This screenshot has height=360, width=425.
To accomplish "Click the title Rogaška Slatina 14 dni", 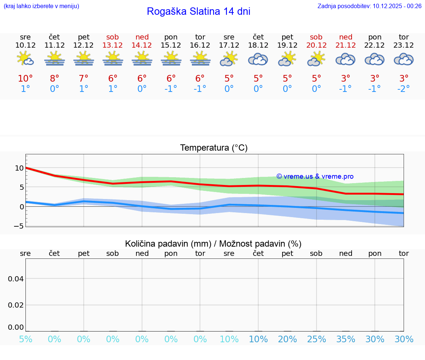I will (198, 11).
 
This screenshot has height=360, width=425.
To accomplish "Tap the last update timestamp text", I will (369, 6).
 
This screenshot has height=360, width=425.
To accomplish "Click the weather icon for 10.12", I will (25, 59).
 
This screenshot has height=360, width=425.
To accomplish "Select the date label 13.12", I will (113, 45).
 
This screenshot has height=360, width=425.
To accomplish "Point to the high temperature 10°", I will (25, 79).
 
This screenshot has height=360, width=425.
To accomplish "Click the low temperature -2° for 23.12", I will (404, 89).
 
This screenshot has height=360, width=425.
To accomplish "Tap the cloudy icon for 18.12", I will (258, 59).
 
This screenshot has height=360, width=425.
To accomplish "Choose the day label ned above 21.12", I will (346, 37).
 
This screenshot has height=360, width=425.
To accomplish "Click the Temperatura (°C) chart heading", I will (214, 148).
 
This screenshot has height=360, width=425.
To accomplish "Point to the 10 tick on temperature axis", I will (19, 168).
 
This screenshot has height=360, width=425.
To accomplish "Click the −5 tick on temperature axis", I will (19, 226).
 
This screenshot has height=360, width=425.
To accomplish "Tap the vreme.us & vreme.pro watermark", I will (315, 176).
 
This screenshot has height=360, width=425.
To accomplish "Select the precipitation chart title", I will (213, 244).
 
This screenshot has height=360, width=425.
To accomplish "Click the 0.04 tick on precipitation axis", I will (16, 278).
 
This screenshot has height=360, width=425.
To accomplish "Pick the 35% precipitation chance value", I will (346, 339).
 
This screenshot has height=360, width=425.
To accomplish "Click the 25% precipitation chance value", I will (317, 339).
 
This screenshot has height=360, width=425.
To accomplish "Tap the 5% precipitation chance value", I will (25, 339).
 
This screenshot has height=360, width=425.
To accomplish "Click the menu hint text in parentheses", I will (41, 6).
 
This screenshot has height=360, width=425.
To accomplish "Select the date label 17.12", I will (229, 45).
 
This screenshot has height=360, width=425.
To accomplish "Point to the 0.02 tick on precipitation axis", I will (16, 305).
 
